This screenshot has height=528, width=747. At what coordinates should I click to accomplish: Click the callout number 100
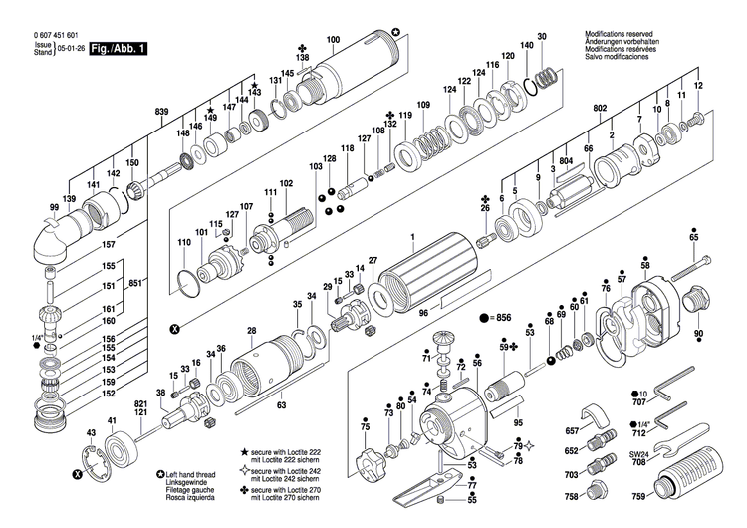point(333,39)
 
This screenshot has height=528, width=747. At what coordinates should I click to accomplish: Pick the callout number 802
point(600,107)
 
